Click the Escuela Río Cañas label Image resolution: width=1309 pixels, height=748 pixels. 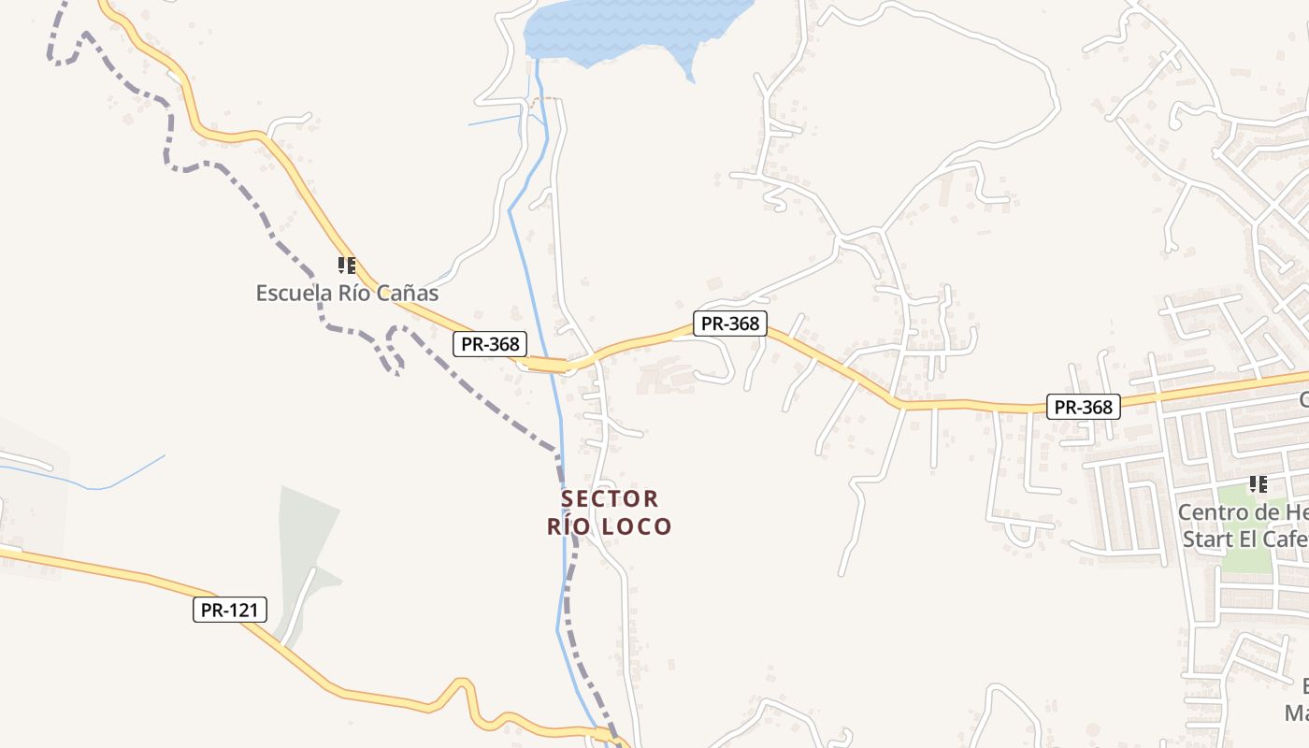click(x=347, y=293)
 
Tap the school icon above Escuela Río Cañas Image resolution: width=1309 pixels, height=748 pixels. click(x=347, y=266)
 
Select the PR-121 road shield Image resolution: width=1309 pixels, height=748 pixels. click(x=230, y=611)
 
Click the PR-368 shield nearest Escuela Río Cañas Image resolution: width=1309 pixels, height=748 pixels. click(x=490, y=344)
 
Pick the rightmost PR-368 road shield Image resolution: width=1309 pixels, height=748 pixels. click(x=1083, y=407)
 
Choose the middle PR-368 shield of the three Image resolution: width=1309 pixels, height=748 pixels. click(x=729, y=324)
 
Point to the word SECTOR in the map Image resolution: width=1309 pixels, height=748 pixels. click(x=610, y=498)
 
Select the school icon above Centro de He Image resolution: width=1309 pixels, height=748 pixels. click(x=1259, y=484)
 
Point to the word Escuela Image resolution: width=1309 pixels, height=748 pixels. click(x=293, y=293)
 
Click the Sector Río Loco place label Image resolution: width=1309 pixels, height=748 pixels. click(x=610, y=512)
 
